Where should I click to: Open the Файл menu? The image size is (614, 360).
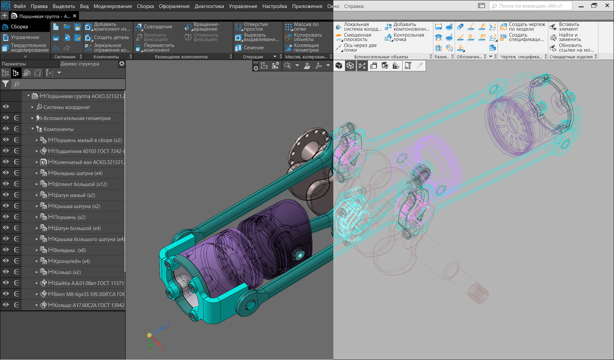coord(18,7)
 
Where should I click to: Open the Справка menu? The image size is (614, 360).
coord(354,7)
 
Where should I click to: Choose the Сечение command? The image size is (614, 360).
coord(253,48)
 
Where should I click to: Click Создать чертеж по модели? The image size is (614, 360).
coord(522,27)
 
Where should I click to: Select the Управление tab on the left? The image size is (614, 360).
coord(25,37)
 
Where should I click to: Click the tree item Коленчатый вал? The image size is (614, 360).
coord(84,162)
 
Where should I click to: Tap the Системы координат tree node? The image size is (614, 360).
coord(67,107)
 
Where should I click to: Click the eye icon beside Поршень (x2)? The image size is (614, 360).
coord(6,217)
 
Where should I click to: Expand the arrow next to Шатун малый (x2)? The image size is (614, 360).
coord(37,195)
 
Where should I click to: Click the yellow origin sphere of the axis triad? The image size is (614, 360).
coord(149,335)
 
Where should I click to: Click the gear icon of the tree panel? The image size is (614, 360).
coord(121,64)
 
